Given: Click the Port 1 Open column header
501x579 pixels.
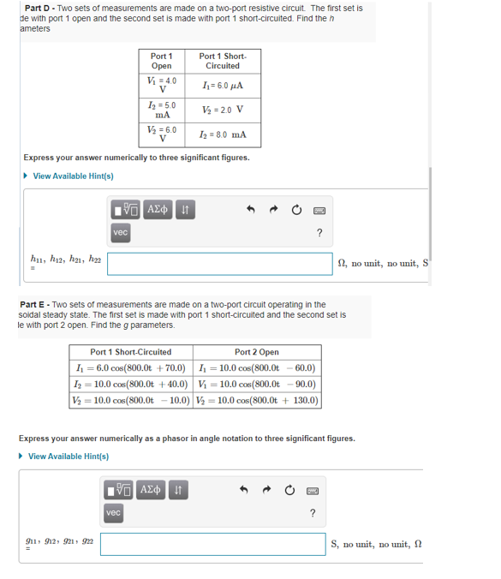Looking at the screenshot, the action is point(160,61).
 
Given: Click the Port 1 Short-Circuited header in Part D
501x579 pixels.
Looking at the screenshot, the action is point(222,61).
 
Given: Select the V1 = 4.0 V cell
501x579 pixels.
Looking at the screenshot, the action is point(160,87).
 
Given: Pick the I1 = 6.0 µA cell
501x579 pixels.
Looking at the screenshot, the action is point(222,86).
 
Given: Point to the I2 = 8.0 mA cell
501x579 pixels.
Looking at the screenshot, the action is point(222,134).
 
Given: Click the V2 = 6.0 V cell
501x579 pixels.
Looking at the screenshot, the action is point(160,134).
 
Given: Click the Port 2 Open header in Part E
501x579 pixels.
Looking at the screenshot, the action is point(256,352).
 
